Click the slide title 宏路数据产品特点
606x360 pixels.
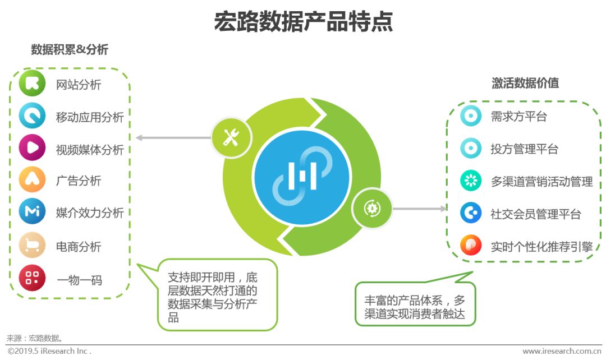click(x=303, y=22)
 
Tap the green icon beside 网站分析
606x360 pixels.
click(x=32, y=84)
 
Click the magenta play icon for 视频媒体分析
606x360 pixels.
click(x=32, y=149)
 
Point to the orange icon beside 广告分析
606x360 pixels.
click(x=32, y=180)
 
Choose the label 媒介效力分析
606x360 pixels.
click(x=90, y=213)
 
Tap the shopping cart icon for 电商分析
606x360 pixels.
click(x=32, y=246)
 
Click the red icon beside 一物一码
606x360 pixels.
click(x=32, y=278)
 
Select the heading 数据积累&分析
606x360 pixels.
click(x=70, y=50)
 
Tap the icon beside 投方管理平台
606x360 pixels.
click(x=471, y=149)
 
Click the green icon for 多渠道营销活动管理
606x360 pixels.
click(x=471, y=181)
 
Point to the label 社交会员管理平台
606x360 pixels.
click(x=535, y=214)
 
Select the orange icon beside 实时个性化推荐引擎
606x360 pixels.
click(x=471, y=246)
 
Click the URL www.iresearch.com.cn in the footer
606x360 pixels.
click(x=561, y=351)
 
